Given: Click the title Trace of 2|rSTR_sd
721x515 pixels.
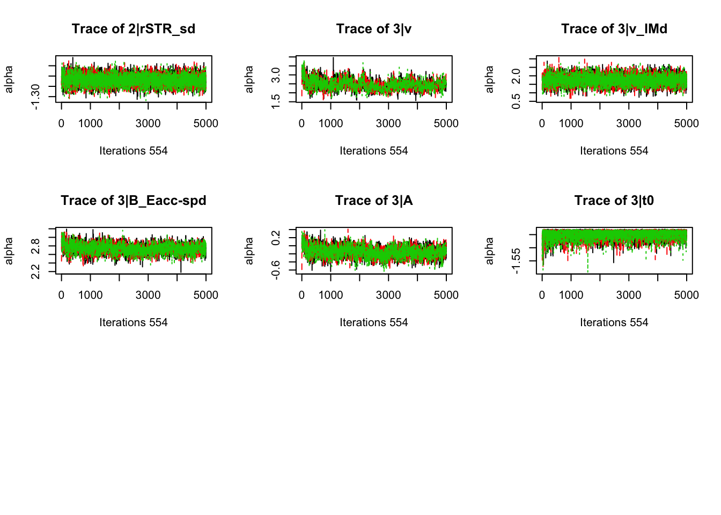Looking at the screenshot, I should point(134,29).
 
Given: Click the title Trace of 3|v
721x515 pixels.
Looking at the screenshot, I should point(374,29).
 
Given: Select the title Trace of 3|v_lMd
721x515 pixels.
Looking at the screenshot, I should point(614,29).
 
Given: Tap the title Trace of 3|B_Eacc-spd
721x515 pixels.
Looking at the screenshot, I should point(134,201).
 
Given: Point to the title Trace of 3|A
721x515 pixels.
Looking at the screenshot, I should point(374,201).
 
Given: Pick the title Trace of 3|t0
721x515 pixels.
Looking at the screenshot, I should point(614,201).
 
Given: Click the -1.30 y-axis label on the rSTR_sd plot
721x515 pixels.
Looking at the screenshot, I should point(35,97).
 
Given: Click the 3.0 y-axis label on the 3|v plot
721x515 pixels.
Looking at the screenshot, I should point(276,75).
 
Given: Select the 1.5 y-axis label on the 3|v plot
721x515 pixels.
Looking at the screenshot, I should point(276,100).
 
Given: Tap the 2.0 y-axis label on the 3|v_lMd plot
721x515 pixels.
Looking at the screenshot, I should point(516,76).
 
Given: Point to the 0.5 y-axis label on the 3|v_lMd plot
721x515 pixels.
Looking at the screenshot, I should point(516,100).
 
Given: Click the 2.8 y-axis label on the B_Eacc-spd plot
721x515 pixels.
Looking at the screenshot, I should point(35,246).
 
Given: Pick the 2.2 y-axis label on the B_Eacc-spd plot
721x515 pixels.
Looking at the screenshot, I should point(35,271).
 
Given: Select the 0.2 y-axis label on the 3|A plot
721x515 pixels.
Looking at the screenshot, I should point(276,238).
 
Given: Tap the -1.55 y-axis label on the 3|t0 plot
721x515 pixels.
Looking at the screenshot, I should point(516,261).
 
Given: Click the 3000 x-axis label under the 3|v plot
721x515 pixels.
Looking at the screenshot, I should point(388,123).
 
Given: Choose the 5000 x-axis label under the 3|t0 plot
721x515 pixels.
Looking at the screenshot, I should point(686,295).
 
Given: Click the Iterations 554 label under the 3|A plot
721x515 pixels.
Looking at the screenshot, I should point(374,322).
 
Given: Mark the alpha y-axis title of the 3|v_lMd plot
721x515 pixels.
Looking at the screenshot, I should point(489,79).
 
